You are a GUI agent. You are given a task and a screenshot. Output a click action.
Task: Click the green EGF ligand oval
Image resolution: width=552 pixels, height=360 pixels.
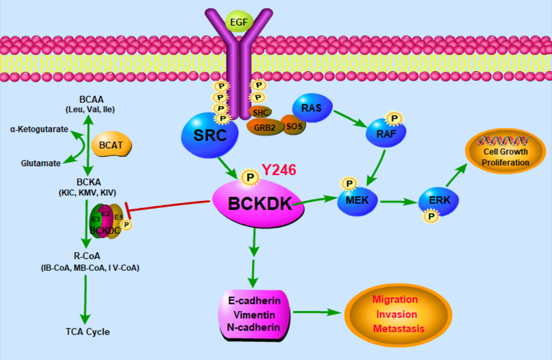coord(240,21)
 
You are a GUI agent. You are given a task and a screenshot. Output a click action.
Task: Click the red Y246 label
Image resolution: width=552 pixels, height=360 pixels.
coord(279,170)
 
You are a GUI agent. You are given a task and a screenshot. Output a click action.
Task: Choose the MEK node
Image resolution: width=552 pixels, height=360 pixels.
coord(357,200)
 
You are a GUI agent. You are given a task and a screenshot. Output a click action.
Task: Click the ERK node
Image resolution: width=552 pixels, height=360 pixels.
coord(438,200)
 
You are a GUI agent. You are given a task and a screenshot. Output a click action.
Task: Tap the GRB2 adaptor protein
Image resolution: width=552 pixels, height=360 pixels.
coord(264,127)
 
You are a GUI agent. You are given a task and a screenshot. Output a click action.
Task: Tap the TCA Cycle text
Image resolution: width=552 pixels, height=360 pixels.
coord(88,332)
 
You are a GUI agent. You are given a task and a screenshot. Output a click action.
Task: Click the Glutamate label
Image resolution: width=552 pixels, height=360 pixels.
coord(41,163)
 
